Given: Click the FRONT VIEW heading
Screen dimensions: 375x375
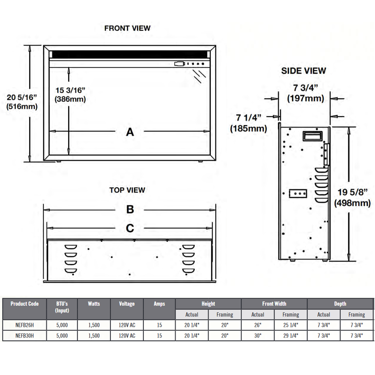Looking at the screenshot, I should [127, 28].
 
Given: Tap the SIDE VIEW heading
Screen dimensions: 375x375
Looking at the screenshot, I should [303, 71].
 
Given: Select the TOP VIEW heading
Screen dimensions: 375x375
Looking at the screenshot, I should [127, 190].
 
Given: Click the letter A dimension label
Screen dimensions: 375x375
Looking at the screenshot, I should [130, 132].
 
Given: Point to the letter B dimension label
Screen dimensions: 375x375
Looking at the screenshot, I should [130, 209].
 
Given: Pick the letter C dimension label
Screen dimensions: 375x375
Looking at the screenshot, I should [130, 228].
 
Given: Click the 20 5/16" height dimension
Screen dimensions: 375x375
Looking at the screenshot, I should [22, 98].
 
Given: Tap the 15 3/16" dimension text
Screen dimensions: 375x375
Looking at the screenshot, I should [70, 90].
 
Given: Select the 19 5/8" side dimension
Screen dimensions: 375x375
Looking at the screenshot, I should [352, 192].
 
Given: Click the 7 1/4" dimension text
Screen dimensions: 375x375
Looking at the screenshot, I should [248, 118].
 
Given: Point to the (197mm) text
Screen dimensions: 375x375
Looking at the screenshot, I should [305, 98].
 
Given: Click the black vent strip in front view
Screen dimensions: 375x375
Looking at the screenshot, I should [130, 54].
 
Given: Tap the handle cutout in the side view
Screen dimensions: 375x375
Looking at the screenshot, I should [312, 136].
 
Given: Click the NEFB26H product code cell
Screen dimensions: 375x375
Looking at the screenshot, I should [24, 325].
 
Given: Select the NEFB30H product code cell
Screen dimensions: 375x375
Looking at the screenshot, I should [24, 336].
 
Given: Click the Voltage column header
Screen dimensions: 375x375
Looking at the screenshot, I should [127, 304].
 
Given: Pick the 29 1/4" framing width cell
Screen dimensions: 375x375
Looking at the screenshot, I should [290, 336].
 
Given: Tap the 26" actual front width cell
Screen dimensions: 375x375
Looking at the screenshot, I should [257, 325].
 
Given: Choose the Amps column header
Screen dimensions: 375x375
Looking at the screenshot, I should [159, 304].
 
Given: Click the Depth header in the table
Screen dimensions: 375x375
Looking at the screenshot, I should [340, 304].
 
